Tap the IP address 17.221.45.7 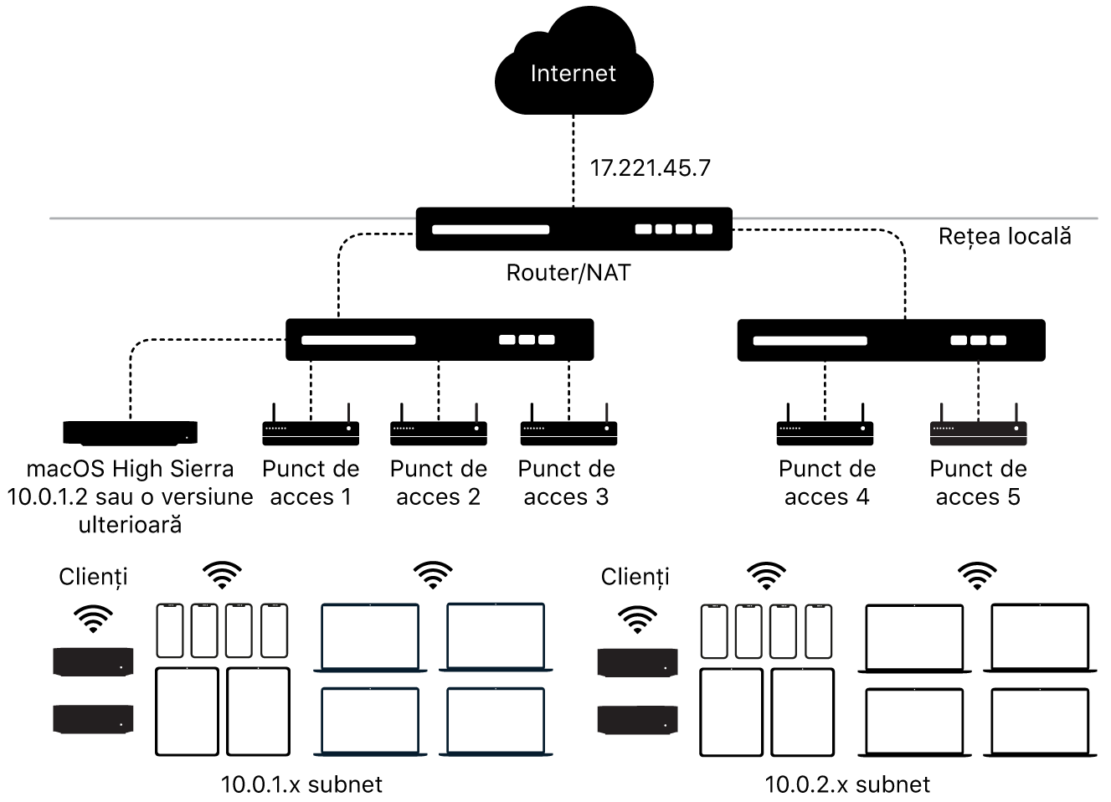click(x=650, y=168)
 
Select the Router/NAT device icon click(x=574, y=229)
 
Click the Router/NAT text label click(x=568, y=273)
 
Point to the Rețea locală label click(x=1005, y=236)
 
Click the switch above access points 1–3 click(x=440, y=339)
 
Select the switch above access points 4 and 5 click(x=891, y=340)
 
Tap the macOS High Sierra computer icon click(x=131, y=432)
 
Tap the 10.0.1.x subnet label click(x=301, y=784)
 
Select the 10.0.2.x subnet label click(x=847, y=784)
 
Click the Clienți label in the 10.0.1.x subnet click(x=93, y=577)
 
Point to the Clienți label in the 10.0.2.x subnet click(x=635, y=577)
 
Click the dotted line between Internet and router click(x=574, y=159)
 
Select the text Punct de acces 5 click(x=978, y=483)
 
